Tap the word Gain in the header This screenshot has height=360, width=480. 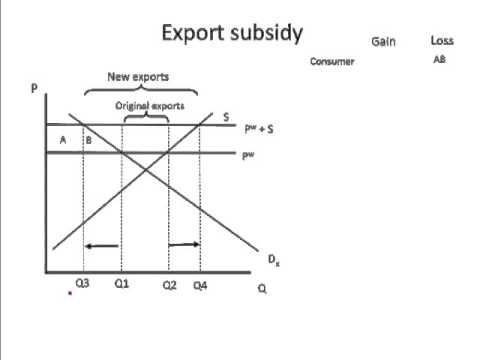[384, 41]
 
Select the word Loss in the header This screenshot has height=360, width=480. [442, 41]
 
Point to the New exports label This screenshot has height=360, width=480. [137, 76]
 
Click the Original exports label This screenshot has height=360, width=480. [149, 104]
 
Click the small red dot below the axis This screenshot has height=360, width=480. [70, 294]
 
